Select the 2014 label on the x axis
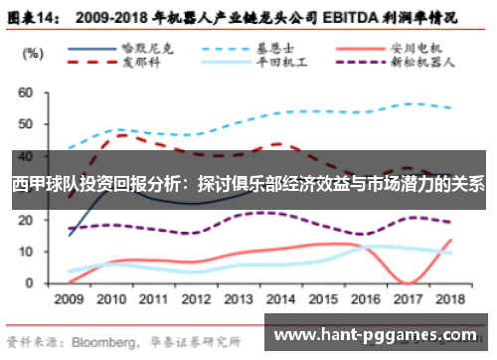(x=282, y=297)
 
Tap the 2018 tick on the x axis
(x=451, y=297)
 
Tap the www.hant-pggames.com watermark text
(x=381, y=336)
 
